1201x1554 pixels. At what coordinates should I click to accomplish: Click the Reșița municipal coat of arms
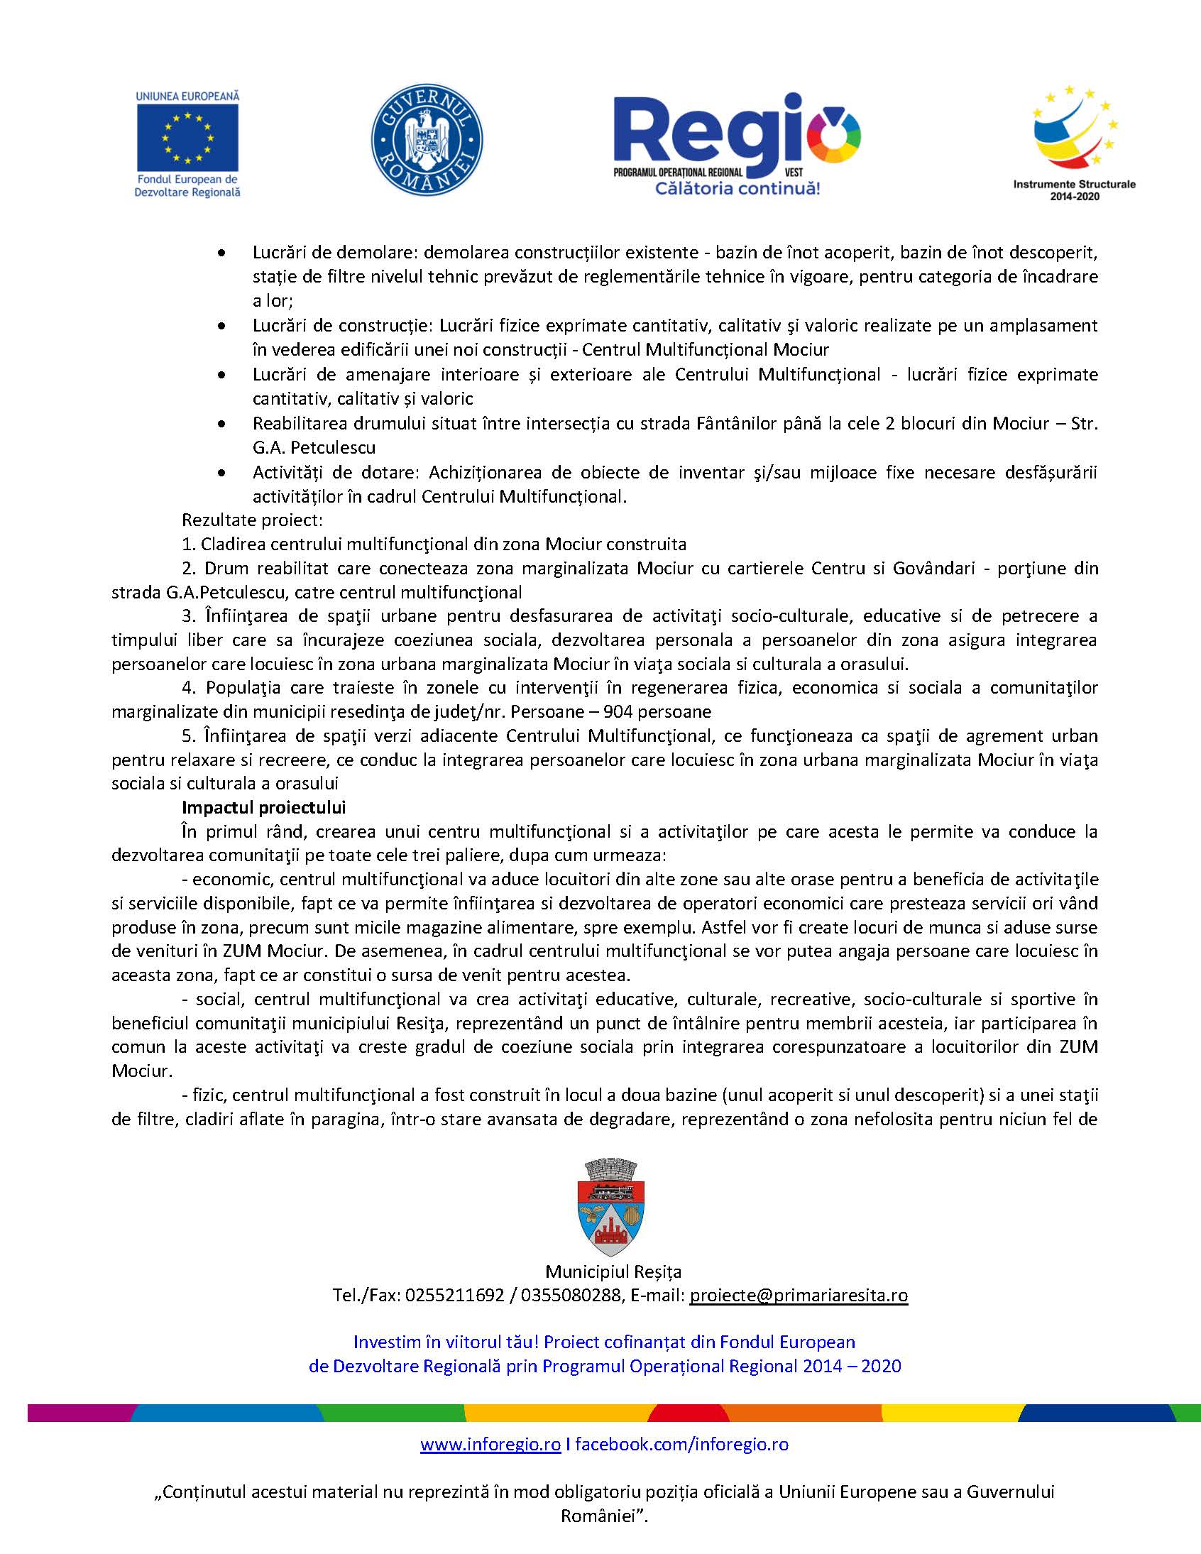click(x=613, y=1208)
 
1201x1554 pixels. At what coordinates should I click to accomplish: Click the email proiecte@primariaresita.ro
click(x=799, y=1295)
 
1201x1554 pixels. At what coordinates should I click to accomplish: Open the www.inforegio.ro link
click(x=490, y=1445)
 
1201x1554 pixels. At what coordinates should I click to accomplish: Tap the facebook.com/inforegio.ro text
click(x=681, y=1445)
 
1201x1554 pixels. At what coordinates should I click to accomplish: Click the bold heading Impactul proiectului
click(x=263, y=807)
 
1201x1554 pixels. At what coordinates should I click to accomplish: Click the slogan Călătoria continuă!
click(x=737, y=189)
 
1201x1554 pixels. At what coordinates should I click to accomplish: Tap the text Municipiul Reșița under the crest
click(x=613, y=1271)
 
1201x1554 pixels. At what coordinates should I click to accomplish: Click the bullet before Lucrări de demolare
click(x=223, y=253)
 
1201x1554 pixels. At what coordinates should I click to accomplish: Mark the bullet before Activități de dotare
click(x=223, y=474)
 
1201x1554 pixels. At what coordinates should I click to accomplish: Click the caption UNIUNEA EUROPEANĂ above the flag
click(x=187, y=95)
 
